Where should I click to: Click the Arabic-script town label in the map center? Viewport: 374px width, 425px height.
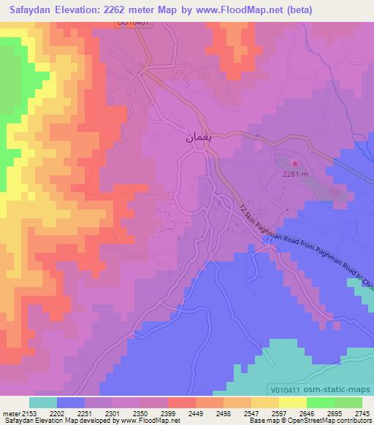pos(196,137)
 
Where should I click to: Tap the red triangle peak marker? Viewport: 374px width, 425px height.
pos(295,164)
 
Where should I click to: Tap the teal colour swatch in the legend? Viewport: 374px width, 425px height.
pos(43,402)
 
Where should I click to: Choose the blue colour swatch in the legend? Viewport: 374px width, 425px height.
pos(71,402)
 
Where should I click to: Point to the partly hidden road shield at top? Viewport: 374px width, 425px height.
pos(134,23)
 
